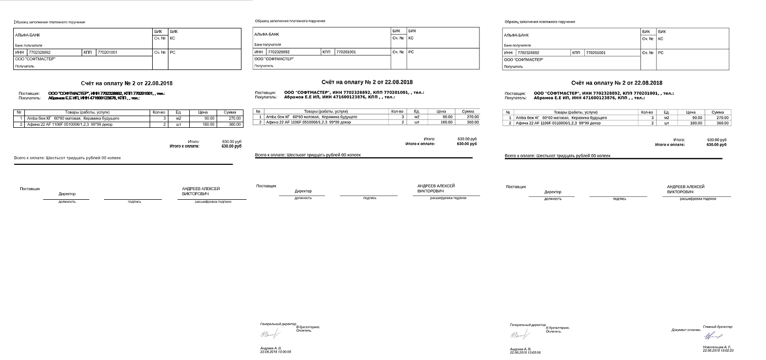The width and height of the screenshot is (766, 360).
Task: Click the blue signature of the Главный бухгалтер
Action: pos(714,336)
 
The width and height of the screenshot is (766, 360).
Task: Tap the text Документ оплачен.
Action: pos(686,330)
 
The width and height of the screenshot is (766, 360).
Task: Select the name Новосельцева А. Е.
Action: pos(717,347)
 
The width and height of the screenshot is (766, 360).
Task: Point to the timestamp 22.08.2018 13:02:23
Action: pos(718,351)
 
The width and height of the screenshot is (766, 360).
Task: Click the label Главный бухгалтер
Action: pos(717,327)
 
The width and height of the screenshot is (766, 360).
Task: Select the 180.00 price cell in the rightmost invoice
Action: pos(695,123)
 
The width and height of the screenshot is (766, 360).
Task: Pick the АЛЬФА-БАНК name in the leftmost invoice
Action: pos(27,35)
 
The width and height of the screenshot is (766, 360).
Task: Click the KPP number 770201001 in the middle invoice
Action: pos(346,52)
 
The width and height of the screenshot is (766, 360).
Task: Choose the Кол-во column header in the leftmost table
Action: pos(158,112)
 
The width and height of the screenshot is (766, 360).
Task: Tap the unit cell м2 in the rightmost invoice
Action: pos(667,118)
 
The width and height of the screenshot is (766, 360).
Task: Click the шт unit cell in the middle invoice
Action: pos(417,122)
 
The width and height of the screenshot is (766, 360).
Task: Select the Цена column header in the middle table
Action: pos(441,111)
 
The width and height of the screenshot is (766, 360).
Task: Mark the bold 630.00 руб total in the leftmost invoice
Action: pos(231,146)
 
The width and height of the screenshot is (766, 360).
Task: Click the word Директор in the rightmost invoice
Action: pos(553,192)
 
